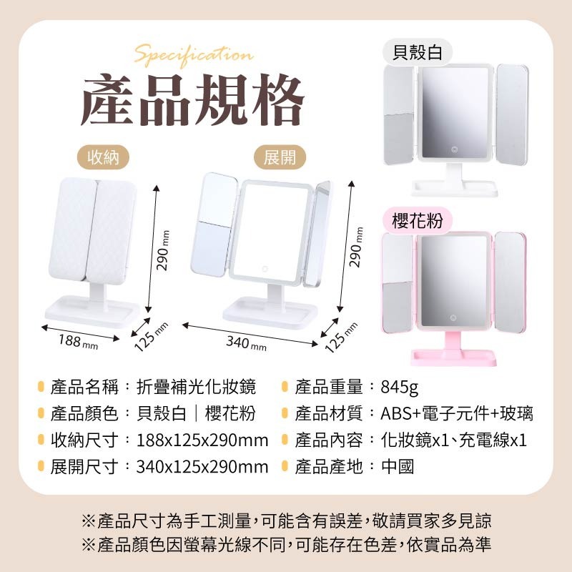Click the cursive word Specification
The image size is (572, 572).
point(193,55)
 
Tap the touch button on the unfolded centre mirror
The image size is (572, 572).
point(264,270)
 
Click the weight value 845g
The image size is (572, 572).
point(400,388)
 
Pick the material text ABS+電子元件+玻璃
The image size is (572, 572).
point(457,413)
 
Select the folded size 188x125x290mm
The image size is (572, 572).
point(202,440)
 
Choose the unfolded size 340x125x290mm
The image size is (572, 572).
point(202,468)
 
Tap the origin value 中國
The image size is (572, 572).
point(398,468)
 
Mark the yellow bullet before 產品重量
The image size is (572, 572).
point(285,388)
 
